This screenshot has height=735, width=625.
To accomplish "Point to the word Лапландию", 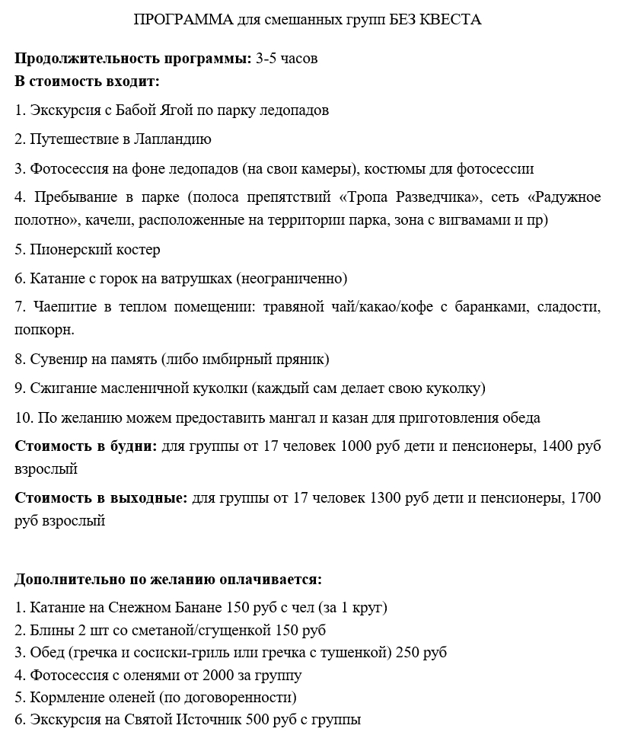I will (x=172, y=139).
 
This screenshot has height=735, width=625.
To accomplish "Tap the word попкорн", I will (x=45, y=331).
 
